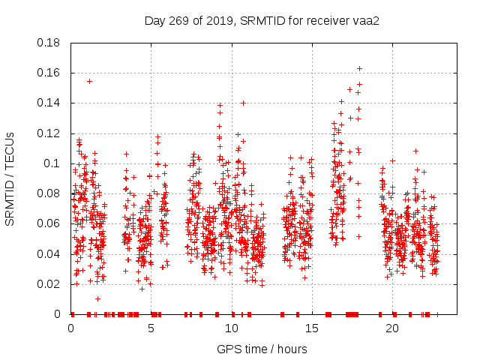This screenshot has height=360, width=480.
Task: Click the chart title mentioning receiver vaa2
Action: pyautogui.click(x=262, y=20)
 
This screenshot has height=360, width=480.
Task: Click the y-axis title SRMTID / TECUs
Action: pyautogui.click(x=10, y=178)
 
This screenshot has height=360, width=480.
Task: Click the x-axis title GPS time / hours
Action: pyautogui.click(x=262, y=349)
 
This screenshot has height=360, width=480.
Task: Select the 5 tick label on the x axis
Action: pyautogui.click(x=151, y=328)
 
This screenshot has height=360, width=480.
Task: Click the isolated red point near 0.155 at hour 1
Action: pyautogui.click(x=89, y=81)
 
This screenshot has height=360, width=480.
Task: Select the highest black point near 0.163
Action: pyautogui.click(x=359, y=68)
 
